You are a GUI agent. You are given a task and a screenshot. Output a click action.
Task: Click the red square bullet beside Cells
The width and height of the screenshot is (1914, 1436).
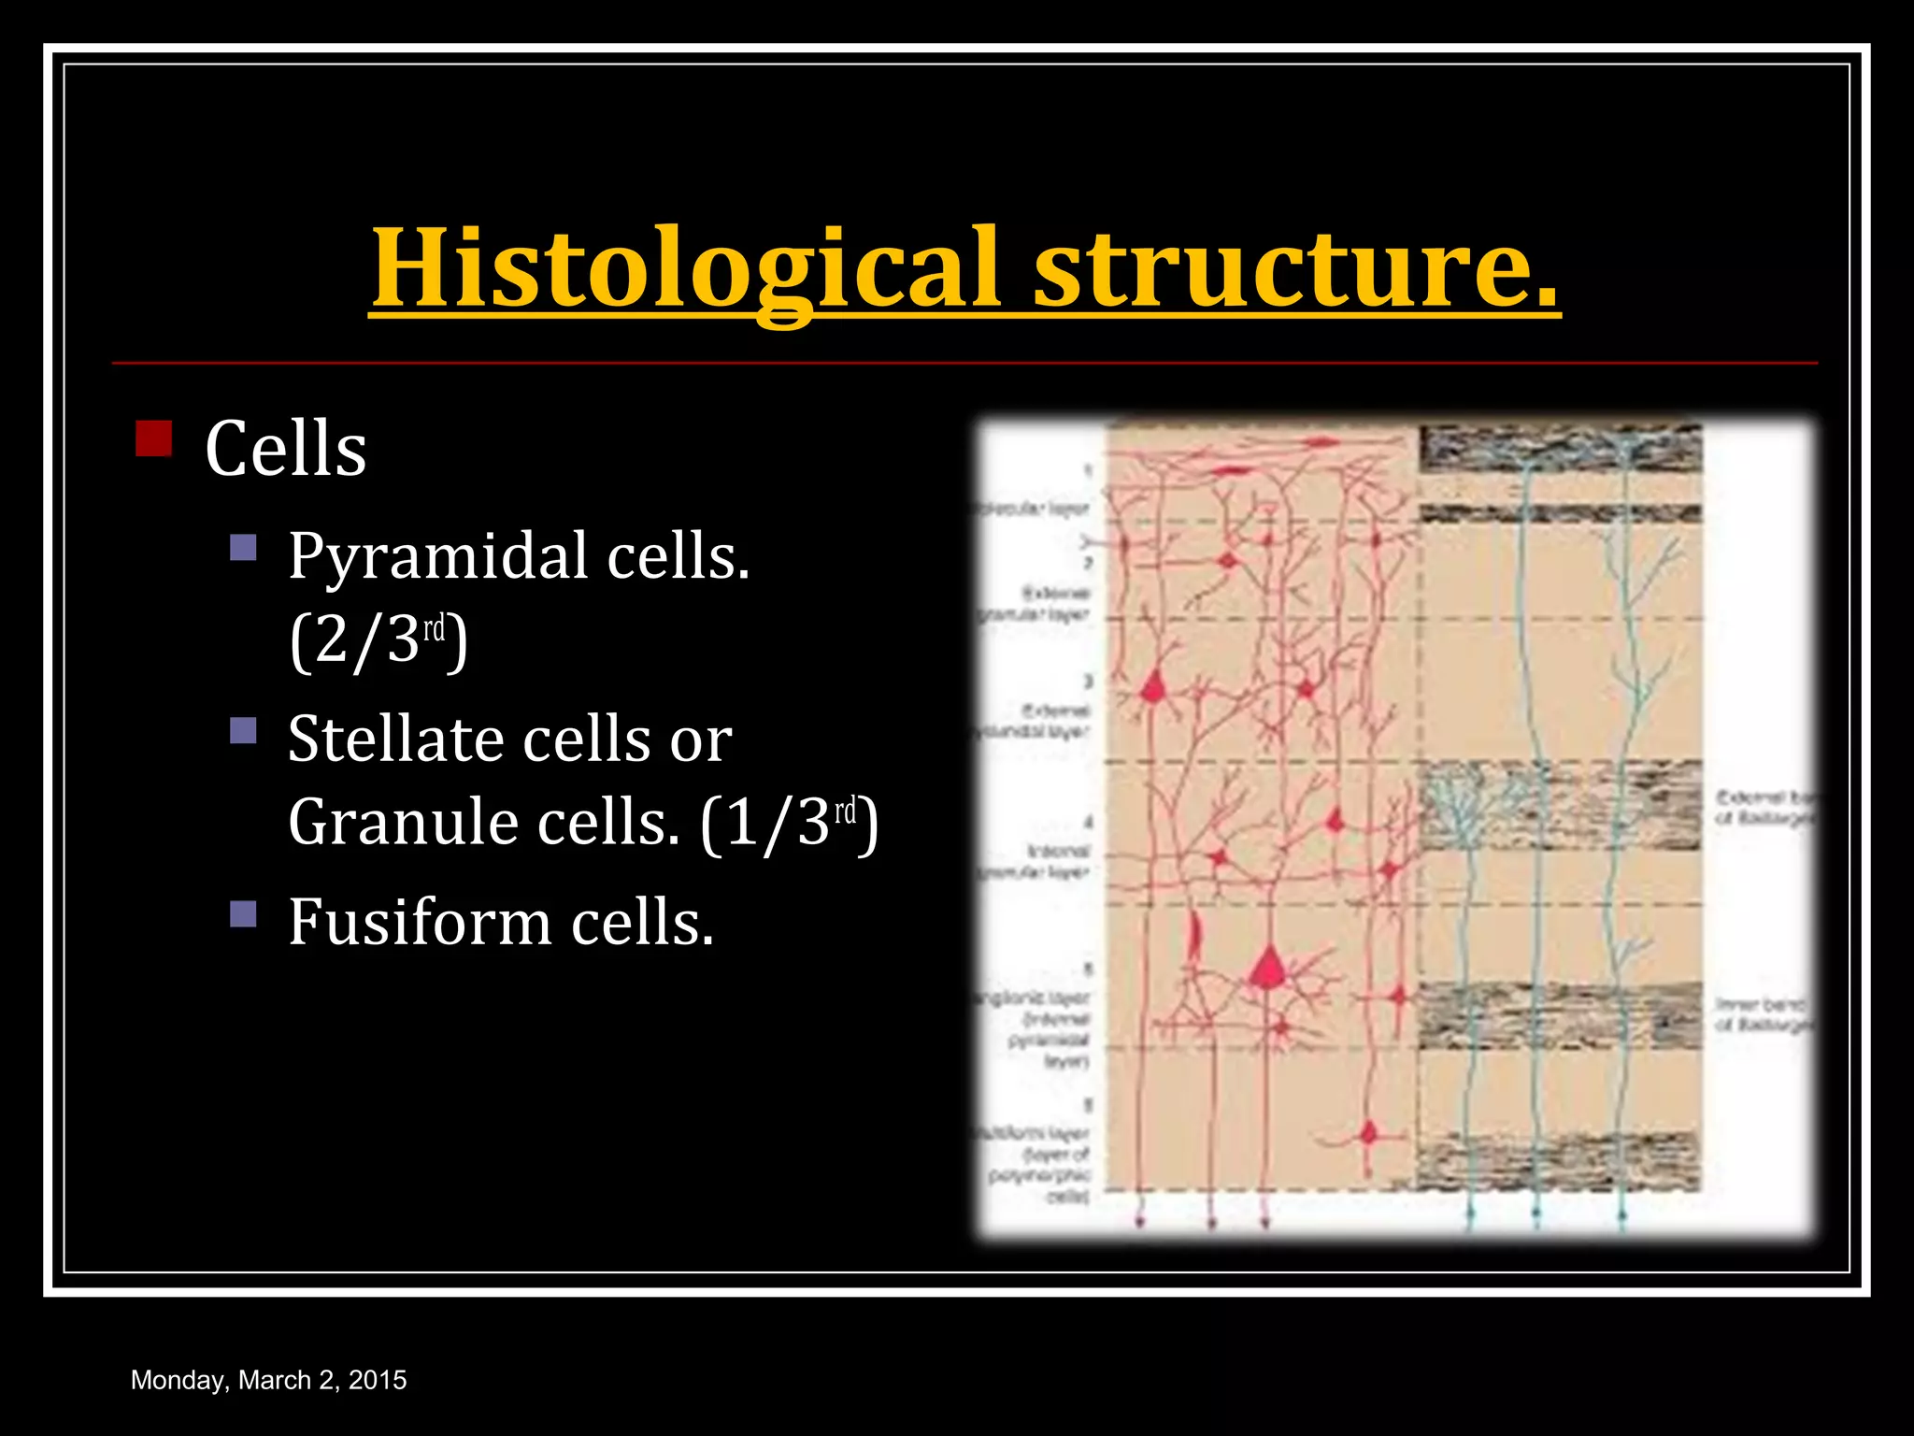(153, 438)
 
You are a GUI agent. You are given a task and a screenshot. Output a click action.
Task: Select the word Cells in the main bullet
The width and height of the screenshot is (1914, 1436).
(285, 450)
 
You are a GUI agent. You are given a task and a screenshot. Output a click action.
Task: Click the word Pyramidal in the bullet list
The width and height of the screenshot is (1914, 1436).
(437, 556)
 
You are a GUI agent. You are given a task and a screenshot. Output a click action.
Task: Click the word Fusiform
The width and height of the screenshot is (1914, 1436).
(420, 923)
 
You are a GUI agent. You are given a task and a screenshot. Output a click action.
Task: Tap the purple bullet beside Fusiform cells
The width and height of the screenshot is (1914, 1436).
(243, 913)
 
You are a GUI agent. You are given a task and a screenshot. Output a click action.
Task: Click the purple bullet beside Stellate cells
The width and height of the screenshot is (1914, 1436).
(243, 730)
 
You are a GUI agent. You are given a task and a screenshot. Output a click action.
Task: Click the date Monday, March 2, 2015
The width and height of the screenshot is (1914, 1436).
(268, 1380)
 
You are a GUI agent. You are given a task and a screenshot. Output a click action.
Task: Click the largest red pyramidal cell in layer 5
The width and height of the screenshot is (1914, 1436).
(1268, 969)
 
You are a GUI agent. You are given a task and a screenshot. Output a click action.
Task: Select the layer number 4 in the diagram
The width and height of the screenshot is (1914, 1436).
(1088, 823)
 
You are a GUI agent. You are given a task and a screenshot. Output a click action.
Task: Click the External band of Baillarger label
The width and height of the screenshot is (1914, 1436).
(1763, 808)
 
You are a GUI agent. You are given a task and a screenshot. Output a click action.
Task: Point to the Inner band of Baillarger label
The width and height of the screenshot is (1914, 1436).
(1763, 1014)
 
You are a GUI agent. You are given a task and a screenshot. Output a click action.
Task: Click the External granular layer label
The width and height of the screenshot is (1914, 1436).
(1037, 604)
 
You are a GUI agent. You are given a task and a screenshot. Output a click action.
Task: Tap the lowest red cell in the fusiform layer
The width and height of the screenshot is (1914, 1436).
(1369, 1134)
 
